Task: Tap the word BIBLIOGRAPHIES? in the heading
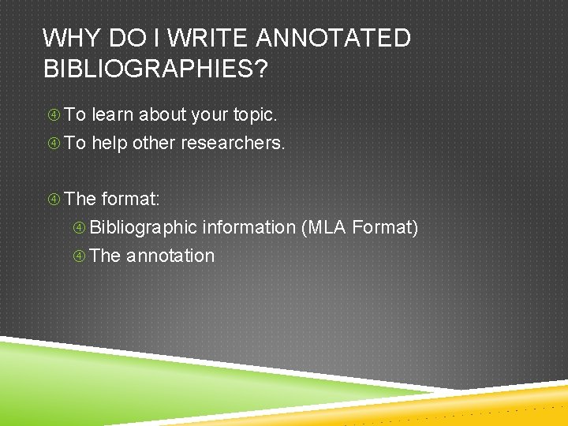155,69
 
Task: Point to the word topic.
255,115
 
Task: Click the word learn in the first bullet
113,115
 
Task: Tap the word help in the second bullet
110,144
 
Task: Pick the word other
155,144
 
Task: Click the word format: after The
131,199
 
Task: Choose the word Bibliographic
143,227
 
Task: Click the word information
248,227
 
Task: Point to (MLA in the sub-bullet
323,227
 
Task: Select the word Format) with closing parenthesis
385,227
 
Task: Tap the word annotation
170,256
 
